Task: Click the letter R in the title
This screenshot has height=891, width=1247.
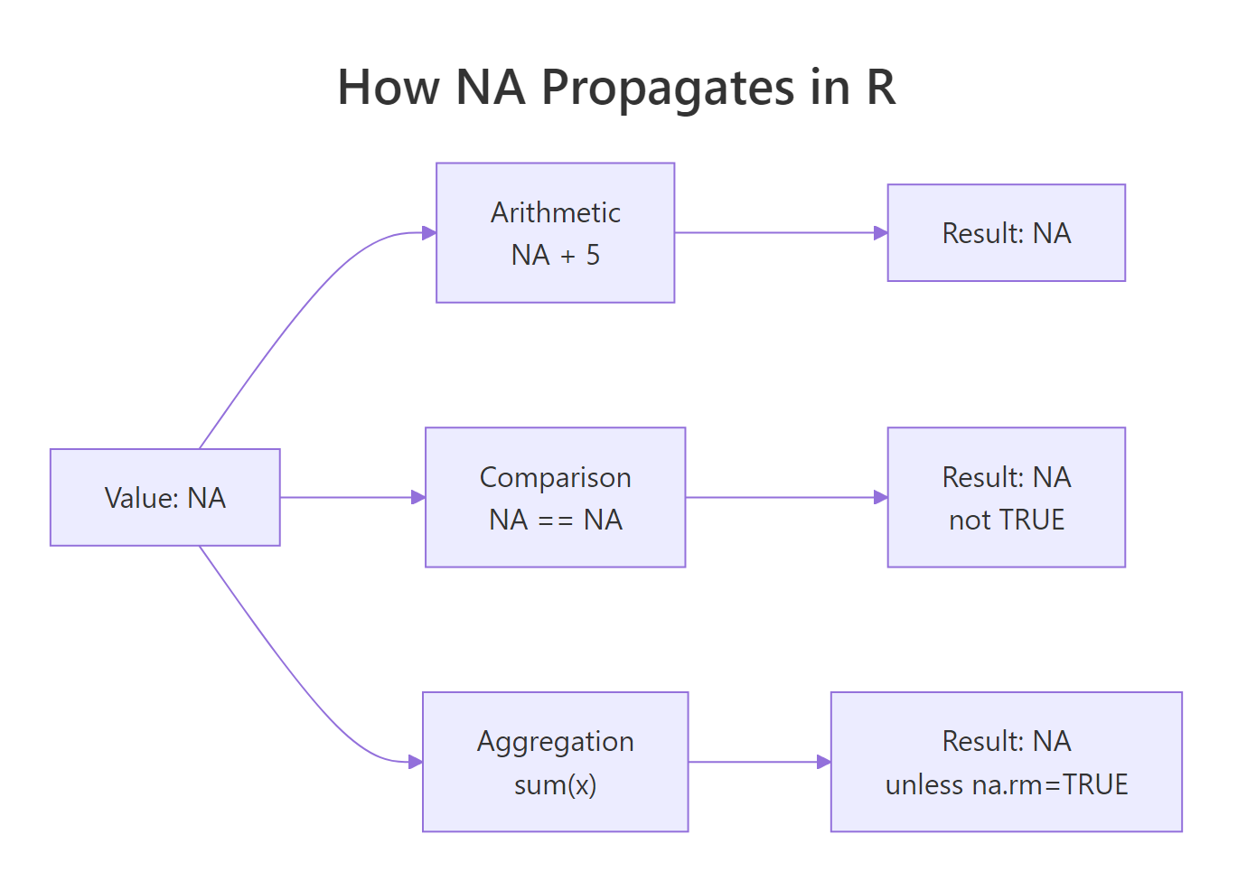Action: (x=880, y=88)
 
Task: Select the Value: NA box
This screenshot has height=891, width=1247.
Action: (x=165, y=498)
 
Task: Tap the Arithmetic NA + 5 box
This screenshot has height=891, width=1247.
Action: (x=555, y=233)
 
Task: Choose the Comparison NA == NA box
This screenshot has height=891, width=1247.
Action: (x=555, y=498)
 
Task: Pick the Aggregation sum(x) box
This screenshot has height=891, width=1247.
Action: (x=555, y=762)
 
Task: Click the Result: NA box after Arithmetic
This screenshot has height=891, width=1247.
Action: (x=1006, y=233)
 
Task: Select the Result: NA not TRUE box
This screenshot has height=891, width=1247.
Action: (x=1006, y=498)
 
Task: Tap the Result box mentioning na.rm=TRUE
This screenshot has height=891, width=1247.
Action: (x=1006, y=762)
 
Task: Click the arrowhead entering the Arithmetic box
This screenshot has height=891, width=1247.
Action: (x=429, y=233)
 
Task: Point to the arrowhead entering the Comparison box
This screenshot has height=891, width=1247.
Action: (x=418, y=498)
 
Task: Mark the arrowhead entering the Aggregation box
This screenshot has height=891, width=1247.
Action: (x=416, y=762)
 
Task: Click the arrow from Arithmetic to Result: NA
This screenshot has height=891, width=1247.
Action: (x=777, y=233)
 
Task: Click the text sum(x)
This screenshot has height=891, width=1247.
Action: (x=555, y=784)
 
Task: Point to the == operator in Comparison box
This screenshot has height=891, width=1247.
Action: (x=556, y=521)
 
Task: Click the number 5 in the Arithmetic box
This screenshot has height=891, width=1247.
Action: (x=593, y=256)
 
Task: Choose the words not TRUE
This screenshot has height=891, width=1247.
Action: (x=1007, y=521)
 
